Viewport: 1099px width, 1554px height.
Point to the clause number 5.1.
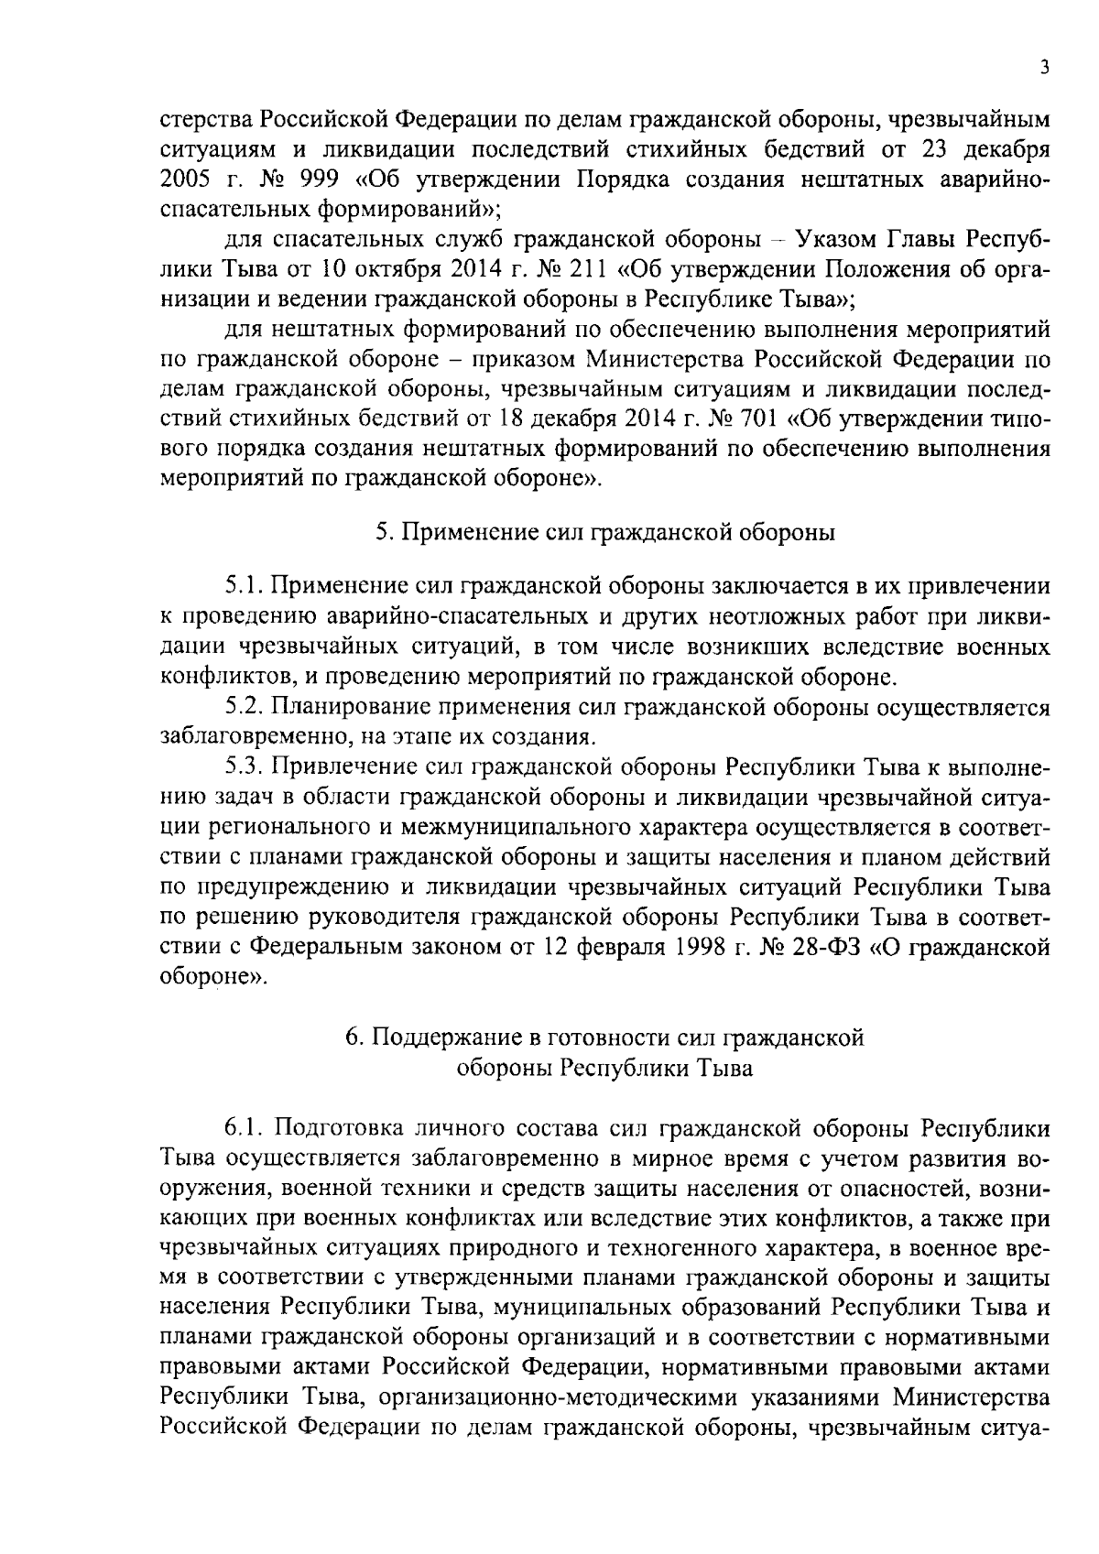pyautogui.click(x=244, y=587)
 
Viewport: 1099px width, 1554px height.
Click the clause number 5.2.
pyautogui.click(x=245, y=707)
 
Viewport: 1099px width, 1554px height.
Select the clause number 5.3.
pyautogui.click(x=245, y=767)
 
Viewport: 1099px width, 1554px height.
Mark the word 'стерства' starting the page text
pyautogui.click(x=207, y=120)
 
